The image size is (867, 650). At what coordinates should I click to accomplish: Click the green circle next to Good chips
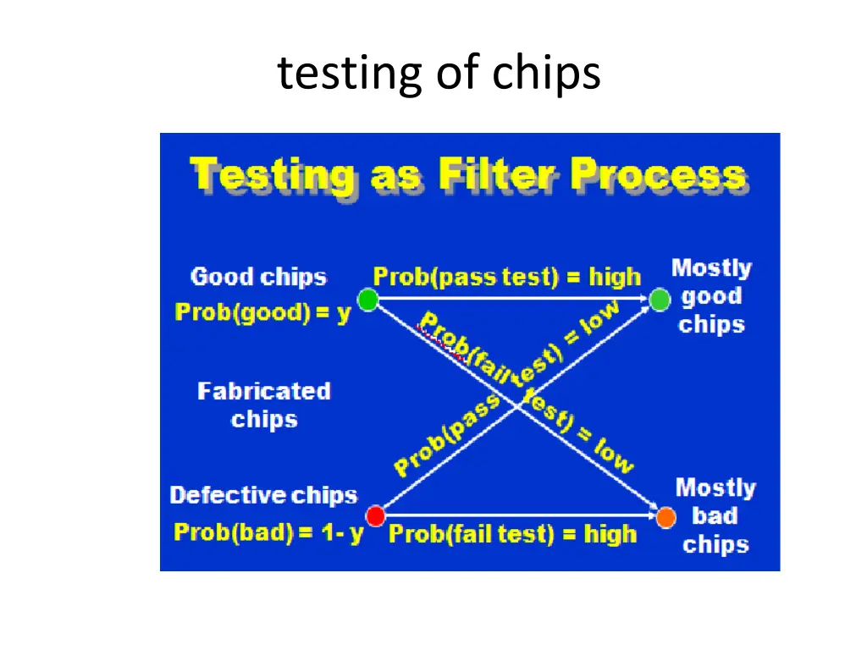(367, 300)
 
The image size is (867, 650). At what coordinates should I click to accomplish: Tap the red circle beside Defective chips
(375, 515)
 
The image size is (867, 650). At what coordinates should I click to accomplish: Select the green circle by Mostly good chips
(660, 300)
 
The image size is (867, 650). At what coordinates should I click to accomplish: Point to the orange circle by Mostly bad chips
(665, 516)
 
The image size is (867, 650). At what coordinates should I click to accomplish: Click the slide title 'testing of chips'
(439, 73)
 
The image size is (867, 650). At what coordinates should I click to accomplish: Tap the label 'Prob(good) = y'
(262, 313)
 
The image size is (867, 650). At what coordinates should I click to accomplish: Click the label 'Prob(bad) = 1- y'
(268, 533)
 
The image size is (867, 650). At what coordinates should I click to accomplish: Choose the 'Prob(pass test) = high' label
(506, 277)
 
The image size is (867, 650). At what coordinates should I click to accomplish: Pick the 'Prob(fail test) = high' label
(512, 534)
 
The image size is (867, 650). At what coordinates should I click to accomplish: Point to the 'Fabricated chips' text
(263, 405)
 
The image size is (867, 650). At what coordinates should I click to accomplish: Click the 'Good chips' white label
(258, 277)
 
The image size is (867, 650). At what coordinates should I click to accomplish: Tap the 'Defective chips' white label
(263, 495)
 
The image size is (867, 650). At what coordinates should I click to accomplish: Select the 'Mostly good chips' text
(711, 296)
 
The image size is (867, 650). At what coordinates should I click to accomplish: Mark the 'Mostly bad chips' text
(715, 515)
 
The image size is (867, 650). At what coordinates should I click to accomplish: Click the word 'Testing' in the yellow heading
(273, 176)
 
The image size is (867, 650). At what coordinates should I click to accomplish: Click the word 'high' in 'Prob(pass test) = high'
(615, 277)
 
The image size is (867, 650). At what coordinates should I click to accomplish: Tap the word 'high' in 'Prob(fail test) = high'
(610, 534)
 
